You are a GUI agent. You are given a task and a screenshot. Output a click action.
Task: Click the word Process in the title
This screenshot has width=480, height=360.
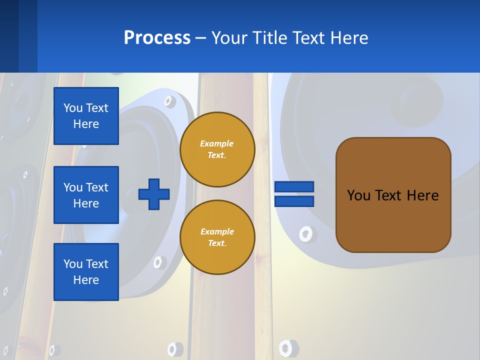click(x=157, y=38)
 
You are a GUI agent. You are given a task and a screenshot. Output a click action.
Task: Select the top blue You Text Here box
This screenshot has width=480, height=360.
click(x=86, y=116)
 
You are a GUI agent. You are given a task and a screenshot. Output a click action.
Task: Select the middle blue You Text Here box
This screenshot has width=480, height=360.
click(x=86, y=195)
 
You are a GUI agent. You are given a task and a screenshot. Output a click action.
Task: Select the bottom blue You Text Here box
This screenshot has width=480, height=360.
click(x=86, y=272)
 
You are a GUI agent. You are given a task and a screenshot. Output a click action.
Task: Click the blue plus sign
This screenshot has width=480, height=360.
click(x=154, y=194)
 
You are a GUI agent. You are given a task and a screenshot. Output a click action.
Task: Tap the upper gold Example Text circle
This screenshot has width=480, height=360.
click(x=217, y=149)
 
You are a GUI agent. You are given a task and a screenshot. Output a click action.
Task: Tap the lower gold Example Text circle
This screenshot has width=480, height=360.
click(x=217, y=237)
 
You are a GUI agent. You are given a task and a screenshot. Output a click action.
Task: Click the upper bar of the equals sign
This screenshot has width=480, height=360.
click(x=294, y=187)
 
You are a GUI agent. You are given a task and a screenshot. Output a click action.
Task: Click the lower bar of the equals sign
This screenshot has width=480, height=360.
click(x=294, y=201)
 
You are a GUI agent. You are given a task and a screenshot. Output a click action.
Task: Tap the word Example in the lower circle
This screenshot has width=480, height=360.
click(x=217, y=231)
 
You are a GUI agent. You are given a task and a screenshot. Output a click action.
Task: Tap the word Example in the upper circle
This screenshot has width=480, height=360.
click(x=217, y=143)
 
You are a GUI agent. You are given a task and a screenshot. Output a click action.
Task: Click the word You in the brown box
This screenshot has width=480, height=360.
click(x=358, y=195)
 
